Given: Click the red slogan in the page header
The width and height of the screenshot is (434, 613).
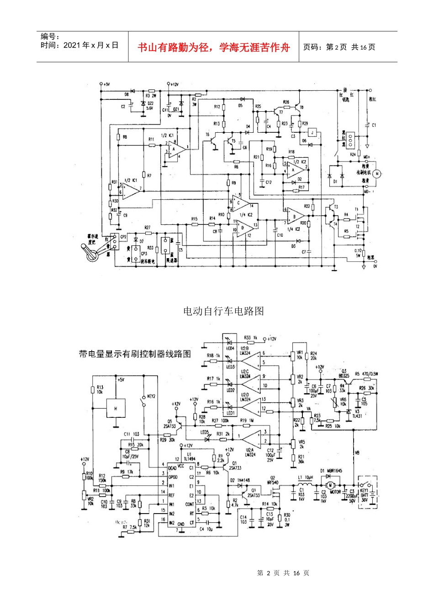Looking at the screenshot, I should coord(213,47).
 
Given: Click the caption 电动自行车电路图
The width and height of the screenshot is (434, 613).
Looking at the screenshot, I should coord(223,311).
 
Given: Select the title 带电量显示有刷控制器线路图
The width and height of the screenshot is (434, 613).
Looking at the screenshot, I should coord(135,354).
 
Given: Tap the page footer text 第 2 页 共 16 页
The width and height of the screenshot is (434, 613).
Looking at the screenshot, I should coord(283,573).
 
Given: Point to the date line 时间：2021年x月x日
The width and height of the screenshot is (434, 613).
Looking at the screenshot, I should coord(79,45).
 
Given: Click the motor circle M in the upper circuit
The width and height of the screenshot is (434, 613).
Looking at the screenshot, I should coord(377,173).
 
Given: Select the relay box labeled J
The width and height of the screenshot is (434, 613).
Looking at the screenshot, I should coord(312,132).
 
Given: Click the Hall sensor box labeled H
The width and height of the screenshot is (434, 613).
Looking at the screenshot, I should coord(116,408).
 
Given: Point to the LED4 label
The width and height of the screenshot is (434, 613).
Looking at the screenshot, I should coord(230,348).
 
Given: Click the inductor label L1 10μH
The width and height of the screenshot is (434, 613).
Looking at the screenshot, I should coord(306,478).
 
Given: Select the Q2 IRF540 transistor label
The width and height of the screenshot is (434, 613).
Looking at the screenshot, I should coord(273,480).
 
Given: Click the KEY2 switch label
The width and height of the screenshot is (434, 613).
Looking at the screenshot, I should coord(151,396).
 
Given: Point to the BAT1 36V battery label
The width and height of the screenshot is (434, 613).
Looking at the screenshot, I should coord(365,497).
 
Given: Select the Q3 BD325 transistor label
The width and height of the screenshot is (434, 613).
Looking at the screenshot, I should coord(344,374).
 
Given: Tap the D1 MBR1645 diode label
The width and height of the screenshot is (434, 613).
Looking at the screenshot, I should coord(331,471).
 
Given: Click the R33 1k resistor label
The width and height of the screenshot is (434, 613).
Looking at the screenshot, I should coord(251,338).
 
